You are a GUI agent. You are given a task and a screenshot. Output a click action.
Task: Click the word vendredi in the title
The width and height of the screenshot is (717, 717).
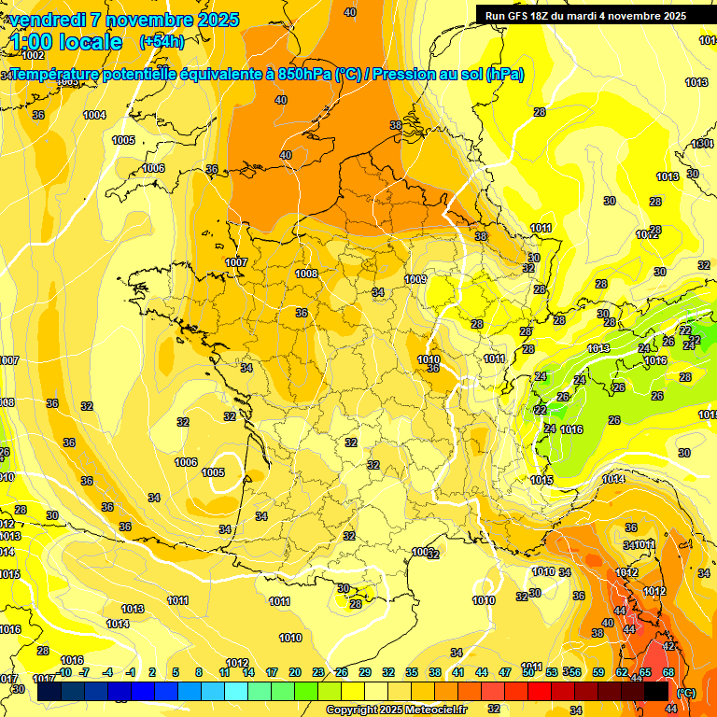click(x=49, y=20)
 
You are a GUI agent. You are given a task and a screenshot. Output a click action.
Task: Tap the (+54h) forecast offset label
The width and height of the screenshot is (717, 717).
click(x=162, y=41)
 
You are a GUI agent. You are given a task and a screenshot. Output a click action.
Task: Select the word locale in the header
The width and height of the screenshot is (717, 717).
click(x=90, y=41)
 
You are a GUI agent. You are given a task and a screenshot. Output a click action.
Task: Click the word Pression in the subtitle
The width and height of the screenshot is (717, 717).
click(x=405, y=75)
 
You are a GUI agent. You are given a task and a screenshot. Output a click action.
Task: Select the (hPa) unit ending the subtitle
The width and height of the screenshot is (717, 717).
click(x=504, y=75)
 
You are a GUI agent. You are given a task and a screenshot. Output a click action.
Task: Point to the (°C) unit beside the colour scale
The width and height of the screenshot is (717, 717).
click(x=685, y=693)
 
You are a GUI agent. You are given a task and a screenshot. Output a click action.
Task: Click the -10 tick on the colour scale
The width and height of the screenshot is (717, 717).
click(x=64, y=672)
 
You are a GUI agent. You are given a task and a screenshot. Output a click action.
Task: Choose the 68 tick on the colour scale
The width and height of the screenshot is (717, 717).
click(x=668, y=672)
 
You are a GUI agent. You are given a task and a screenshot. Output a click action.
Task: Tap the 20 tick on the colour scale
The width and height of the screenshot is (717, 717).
click(x=294, y=672)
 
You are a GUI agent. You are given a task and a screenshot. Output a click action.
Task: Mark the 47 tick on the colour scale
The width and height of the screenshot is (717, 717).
click(x=505, y=672)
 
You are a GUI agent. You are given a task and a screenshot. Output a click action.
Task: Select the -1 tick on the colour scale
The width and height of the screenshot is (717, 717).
click(x=132, y=672)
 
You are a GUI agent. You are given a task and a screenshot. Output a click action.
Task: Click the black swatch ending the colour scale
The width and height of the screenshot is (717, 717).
click(x=656, y=691)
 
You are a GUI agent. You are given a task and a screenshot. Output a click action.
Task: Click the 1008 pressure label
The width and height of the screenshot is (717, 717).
click(x=306, y=274)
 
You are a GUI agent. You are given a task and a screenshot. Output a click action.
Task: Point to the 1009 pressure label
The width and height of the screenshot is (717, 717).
click(x=416, y=279)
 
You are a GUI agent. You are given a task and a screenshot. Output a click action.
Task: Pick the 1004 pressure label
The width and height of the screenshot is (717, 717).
click(x=94, y=115)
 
